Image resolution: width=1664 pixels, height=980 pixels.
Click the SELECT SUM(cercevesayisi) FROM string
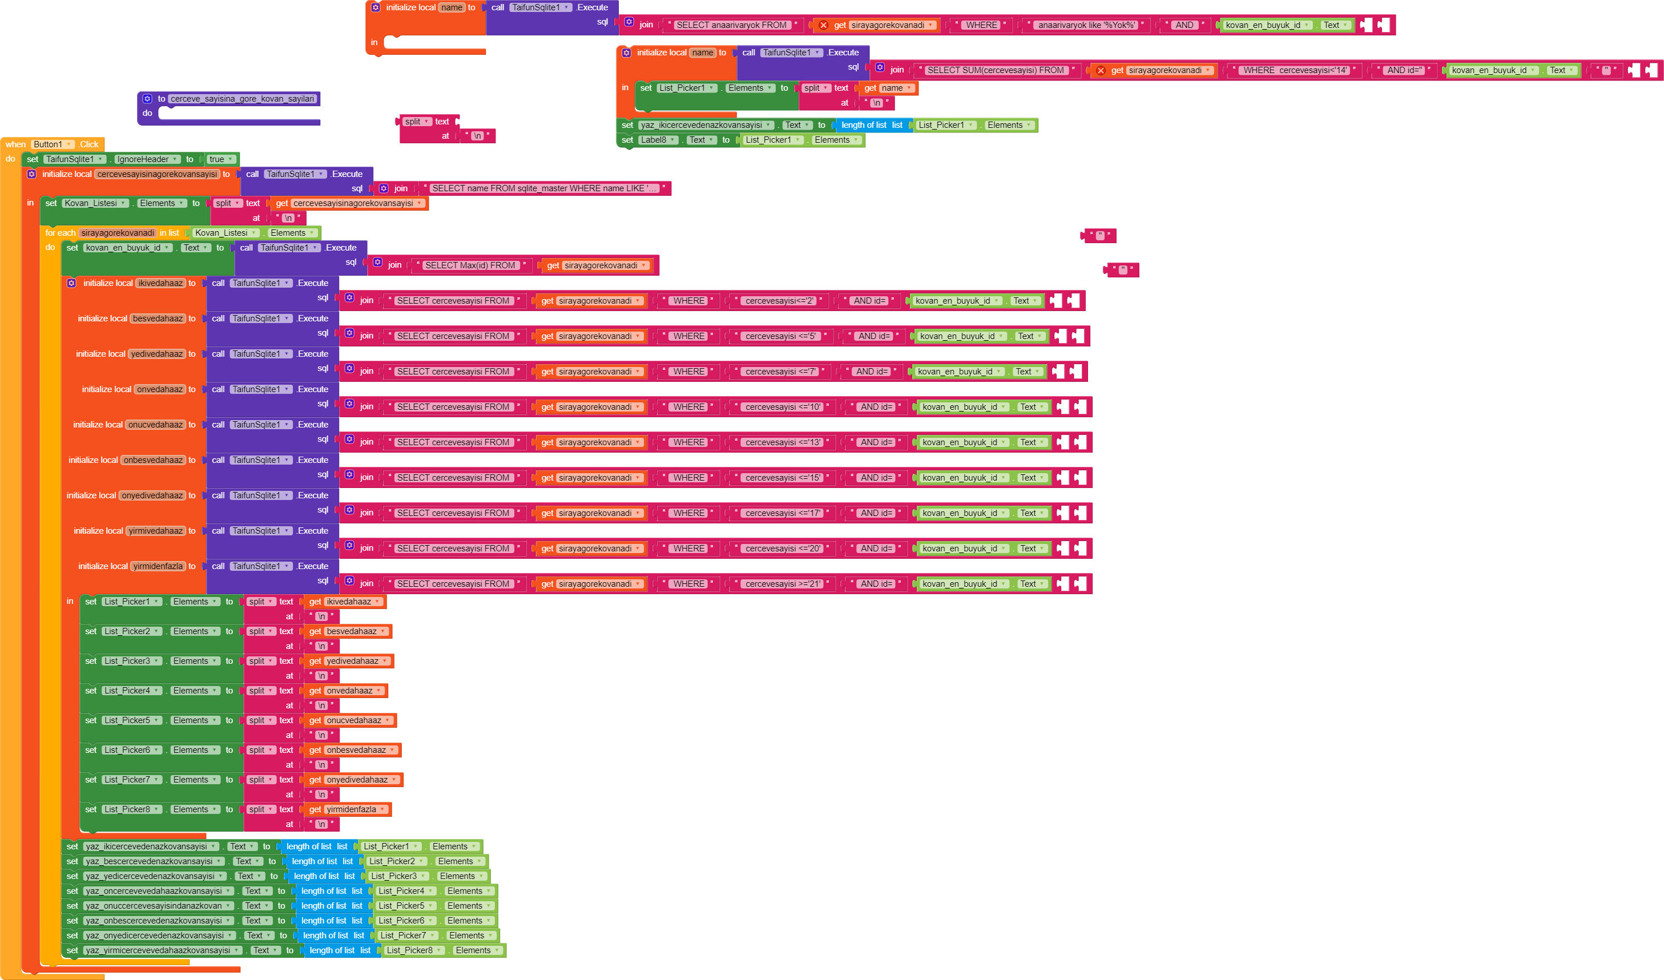pos(995,71)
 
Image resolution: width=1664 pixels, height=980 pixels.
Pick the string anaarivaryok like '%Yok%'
pos(1086,25)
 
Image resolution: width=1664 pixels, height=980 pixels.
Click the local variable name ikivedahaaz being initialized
pos(160,283)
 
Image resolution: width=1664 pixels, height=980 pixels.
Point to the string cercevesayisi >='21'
pos(783,584)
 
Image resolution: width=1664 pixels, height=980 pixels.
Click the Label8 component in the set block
pos(658,140)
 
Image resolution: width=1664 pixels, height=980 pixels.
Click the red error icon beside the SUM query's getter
pos(1100,71)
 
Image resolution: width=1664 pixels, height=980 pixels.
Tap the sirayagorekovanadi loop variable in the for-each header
pos(118,233)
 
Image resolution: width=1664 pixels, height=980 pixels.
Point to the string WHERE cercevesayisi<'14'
pos(1294,71)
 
